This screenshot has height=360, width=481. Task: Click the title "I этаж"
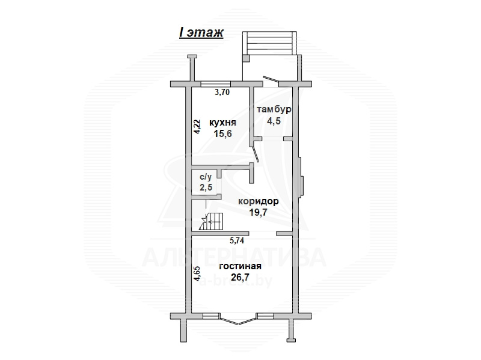pyautogui.click(x=201, y=32)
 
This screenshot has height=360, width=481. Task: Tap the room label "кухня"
pyautogui.click(x=222, y=123)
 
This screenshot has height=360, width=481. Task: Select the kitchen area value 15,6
pyautogui.click(x=222, y=133)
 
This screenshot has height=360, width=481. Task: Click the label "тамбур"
pyautogui.click(x=274, y=109)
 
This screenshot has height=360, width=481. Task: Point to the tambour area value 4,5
pyautogui.click(x=274, y=121)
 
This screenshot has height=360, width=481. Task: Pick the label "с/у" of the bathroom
pyautogui.click(x=206, y=177)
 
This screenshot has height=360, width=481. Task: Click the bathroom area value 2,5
pyautogui.click(x=206, y=187)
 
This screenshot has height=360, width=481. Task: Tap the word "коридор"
pyautogui.click(x=259, y=201)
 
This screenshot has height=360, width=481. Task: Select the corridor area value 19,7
pyautogui.click(x=259, y=212)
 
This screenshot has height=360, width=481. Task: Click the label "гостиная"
pyautogui.click(x=240, y=266)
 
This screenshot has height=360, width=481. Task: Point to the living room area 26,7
pyautogui.click(x=240, y=277)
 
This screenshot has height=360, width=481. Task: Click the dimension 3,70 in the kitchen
pyautogui.click(x=222, y=93)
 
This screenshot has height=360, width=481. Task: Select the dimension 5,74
pyautogui.click(x=237, y=241)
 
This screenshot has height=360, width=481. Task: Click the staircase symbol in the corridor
pyautogui.click(x=211, y=221)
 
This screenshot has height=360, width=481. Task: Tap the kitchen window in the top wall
pyautogui.click(x=216, y=84)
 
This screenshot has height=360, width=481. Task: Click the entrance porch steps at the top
pyautogui.click(x=270, y=43)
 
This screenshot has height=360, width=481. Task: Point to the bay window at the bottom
pyautogui.click(x=238, y=319)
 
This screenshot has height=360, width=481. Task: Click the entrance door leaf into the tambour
pyautogui.click(x=271, y=79)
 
